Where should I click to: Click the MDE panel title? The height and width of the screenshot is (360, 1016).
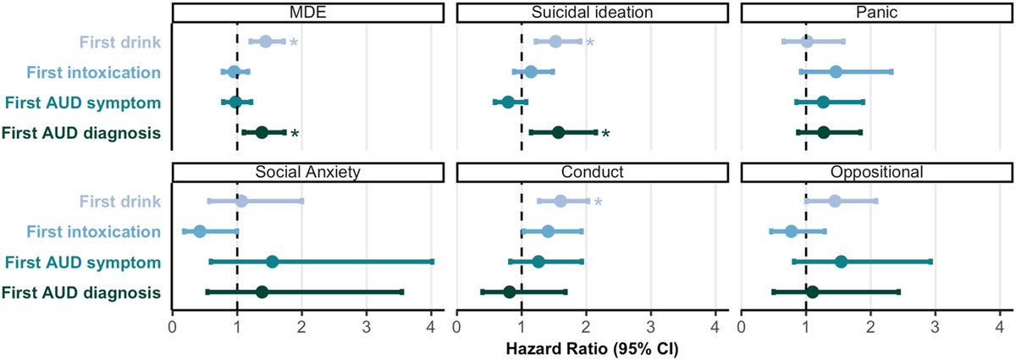click(x=307, y=12)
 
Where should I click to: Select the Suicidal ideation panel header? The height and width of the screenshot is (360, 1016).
click(x=592, y=12)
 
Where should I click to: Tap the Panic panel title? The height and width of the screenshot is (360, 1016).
click(x=876, y=12)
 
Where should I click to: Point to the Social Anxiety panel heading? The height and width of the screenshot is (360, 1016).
click(x=307, y=172)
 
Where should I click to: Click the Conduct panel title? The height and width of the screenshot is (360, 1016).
click(x=592, y=172)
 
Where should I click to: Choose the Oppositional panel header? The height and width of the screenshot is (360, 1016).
click(x=876, y=172)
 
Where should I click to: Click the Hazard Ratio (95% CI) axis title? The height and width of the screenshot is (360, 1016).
click(x=592, y=349)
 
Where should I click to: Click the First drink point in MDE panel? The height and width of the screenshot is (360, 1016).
click(x=265, y=42)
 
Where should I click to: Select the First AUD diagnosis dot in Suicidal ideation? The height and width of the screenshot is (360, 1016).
click(x=558, y=132)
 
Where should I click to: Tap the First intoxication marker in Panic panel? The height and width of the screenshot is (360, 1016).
click(x=836, y=72)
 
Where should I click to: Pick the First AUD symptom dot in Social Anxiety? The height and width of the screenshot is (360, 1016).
click(x=272, y=262)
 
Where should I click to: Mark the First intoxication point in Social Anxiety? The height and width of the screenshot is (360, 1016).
click(x=200, y=231)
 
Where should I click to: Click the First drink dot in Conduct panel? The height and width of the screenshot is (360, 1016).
click(x=560, y=201)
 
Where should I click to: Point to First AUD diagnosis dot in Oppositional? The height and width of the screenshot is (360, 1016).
click(x=812, y=292)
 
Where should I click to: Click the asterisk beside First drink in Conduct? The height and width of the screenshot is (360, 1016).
click(x=598, y=202)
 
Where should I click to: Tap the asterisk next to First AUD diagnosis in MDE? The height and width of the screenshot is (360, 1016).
click(x=295, y=134)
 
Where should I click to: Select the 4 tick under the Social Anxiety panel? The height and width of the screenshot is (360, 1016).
click(x=431, y=327)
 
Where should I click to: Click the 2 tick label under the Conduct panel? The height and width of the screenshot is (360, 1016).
click(x=586, y=327)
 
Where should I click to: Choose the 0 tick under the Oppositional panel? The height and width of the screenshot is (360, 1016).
click(x=741, y=327)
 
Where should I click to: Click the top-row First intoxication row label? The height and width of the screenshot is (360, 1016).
click(x=93, y=73)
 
